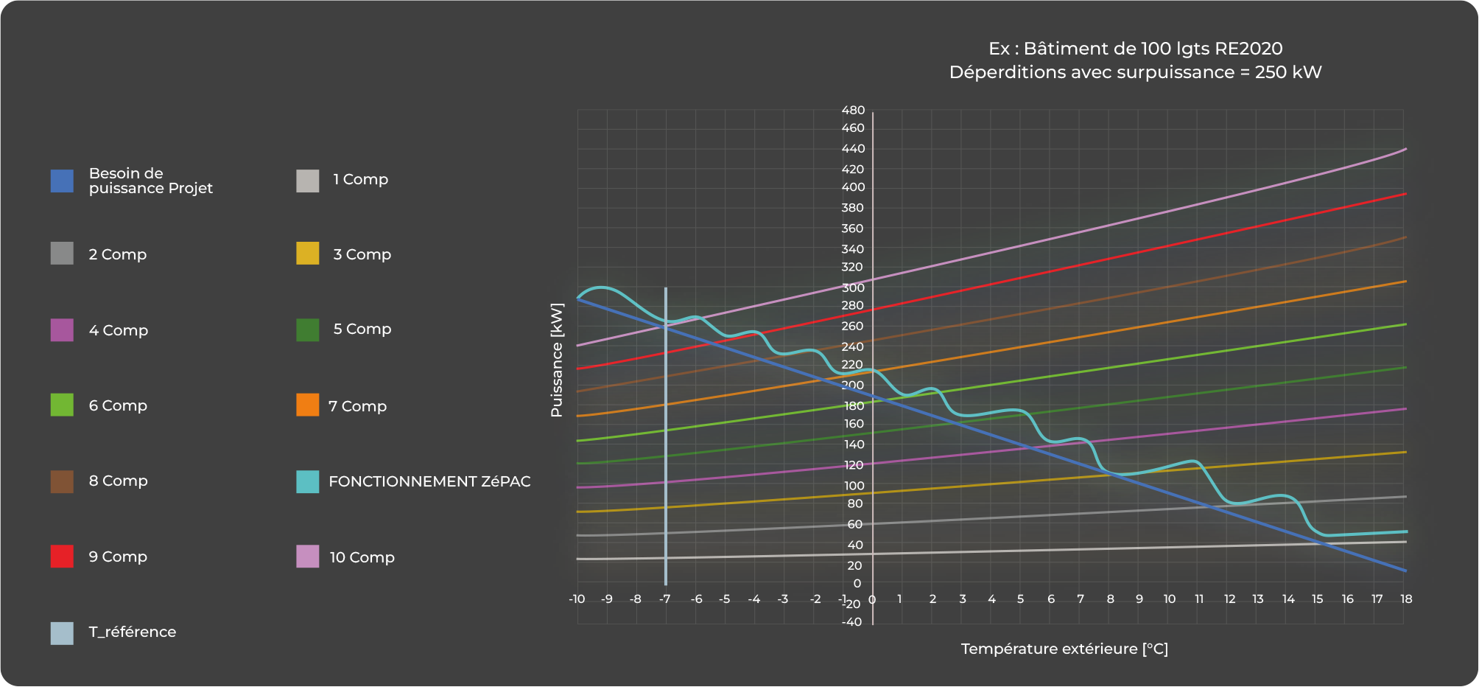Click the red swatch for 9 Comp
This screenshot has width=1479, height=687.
(62, 557)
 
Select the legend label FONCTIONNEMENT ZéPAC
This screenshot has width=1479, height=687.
(429, 481)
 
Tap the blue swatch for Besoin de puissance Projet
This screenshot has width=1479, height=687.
(62, 181)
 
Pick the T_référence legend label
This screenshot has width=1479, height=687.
(133, 632)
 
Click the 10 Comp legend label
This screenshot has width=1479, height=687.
(362, 557)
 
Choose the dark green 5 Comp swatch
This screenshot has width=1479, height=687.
(308, 329)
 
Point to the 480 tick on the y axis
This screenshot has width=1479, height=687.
(853, 111)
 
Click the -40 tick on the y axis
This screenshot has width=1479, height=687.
(852, 622)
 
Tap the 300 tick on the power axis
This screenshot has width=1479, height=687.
(853, 287)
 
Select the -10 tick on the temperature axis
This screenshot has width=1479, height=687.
(577, 599)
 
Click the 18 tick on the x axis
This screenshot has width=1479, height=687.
(1406, 599)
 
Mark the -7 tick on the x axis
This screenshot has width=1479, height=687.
(664, 599)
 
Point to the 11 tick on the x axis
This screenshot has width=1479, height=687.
(1199, 599)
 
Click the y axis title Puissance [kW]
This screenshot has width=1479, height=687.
(557, 360)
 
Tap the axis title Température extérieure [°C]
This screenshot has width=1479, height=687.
(1064, 649)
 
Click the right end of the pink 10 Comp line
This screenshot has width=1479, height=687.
(1405, 150)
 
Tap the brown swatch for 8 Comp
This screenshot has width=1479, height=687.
(62, 481)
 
